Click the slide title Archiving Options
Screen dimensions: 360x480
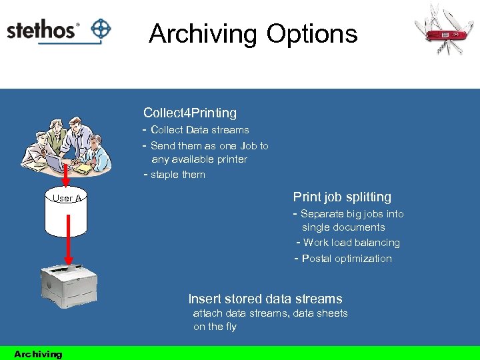click(253, 33)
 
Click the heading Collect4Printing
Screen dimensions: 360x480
click(190, 113)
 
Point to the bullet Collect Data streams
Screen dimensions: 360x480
click(199, 130)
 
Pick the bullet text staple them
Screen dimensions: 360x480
click(177, 175)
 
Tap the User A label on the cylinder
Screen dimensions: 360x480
click(67, 198)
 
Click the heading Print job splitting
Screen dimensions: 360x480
click(342, 197)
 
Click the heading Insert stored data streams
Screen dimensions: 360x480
click(265, 299)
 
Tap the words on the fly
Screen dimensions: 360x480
click(215, 327)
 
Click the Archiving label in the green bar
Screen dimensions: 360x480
click(38, 354)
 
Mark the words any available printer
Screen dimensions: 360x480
click(199, 159)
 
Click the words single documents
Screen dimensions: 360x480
click(343, 227)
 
